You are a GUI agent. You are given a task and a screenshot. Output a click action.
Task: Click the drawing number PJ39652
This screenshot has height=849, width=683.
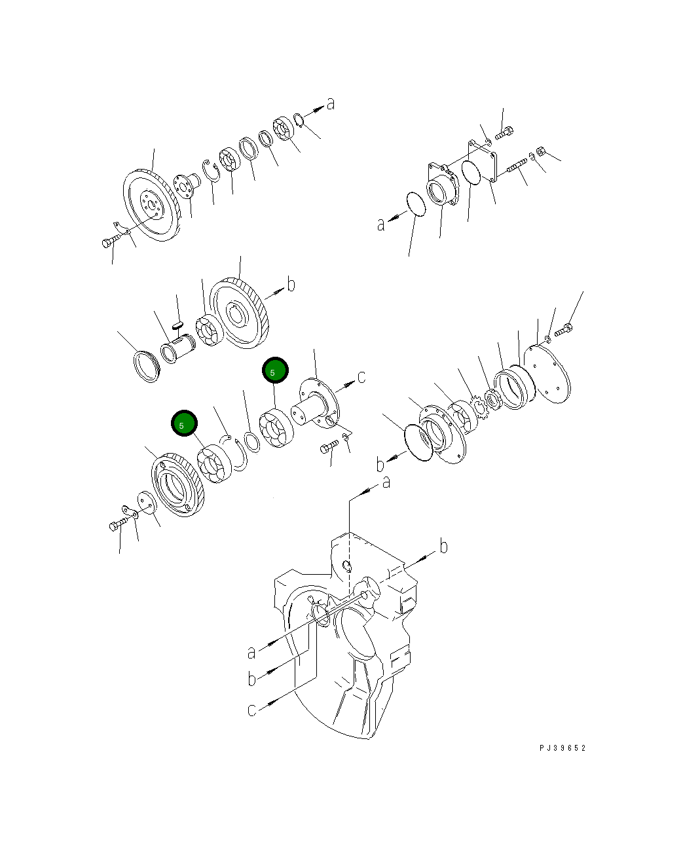click(x=563, y=748)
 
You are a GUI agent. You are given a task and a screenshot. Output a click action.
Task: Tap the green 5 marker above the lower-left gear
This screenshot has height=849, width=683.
click(x=184, y=424)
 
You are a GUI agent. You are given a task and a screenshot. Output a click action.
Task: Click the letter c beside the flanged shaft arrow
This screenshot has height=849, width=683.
click(x=361, y=377)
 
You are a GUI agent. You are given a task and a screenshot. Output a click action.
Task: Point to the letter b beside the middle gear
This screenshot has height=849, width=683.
click(x=291, y=284)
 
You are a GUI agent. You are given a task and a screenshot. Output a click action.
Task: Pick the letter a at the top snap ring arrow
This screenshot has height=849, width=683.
click(x=331, y=103)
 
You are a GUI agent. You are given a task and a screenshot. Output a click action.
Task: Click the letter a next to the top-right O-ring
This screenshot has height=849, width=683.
click(x=381, y=225)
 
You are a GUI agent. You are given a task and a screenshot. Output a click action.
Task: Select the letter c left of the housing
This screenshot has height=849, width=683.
click(x=252, y=709)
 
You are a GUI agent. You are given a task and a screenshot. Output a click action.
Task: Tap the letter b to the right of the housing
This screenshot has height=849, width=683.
click(x=443, y=546)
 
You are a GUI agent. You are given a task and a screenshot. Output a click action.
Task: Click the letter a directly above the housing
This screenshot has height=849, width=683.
click(x=386, y=482)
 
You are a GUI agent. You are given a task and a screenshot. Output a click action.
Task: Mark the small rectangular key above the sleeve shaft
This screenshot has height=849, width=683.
click(x=176, y=323)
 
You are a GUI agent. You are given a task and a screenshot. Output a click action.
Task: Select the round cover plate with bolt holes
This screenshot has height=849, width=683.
click(x=550, y=374)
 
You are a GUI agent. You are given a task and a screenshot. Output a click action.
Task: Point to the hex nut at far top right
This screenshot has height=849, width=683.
click(x=541, y=151)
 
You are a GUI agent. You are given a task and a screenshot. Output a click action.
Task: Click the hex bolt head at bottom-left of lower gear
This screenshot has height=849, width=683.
click(x=115, y=526)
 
